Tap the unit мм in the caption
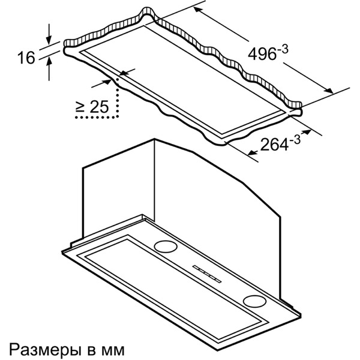point(114,348)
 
